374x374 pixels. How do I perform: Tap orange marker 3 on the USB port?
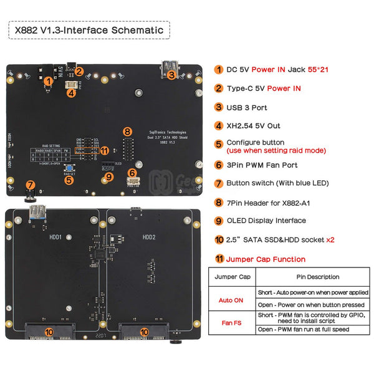click(171, 74)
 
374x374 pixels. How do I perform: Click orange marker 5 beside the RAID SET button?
click(69, 179)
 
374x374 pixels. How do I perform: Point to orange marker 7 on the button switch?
click(29, 185)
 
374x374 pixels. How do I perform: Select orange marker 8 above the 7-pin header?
click(127, 132)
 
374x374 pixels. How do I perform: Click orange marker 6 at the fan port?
click(132, 173)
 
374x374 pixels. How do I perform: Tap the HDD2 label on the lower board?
click(149, 236)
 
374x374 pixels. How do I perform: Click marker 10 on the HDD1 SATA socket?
click(49, 332)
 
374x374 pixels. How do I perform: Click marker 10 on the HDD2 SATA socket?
click(145, 332)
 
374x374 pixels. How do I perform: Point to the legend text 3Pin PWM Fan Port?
click(262, 165)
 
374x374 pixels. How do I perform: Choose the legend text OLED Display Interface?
click(266, 220)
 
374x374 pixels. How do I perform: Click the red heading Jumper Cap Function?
click(266, 259)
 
